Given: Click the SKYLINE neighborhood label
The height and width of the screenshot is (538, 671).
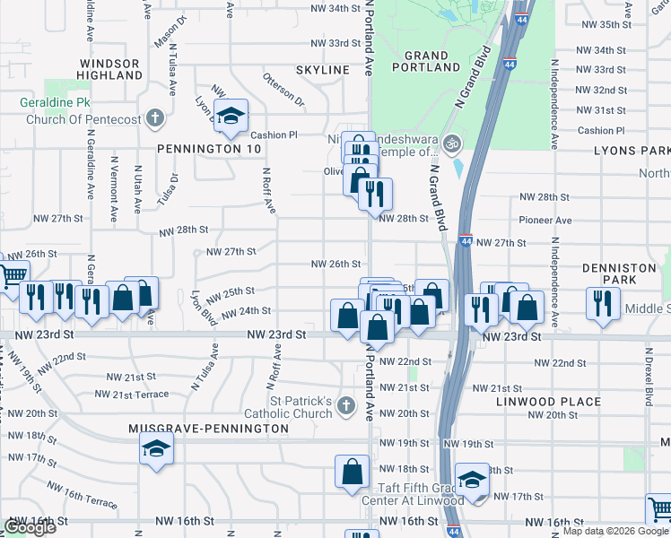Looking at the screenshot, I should [323, 70].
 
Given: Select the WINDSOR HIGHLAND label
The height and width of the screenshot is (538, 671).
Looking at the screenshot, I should [109, 70].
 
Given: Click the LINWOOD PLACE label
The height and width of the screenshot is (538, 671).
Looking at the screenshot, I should [548, 401].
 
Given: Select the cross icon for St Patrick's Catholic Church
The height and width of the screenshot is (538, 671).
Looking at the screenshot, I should [346, 408].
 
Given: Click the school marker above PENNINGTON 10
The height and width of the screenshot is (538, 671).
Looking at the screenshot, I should [231, 115].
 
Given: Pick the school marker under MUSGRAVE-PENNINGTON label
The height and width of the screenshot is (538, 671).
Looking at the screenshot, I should [157, 448].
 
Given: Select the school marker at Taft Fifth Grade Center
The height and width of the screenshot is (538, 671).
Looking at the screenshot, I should [472, 479].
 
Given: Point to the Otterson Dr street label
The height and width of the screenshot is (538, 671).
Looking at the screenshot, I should [283, 103].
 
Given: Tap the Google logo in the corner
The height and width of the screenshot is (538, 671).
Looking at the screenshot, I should [30, 527].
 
